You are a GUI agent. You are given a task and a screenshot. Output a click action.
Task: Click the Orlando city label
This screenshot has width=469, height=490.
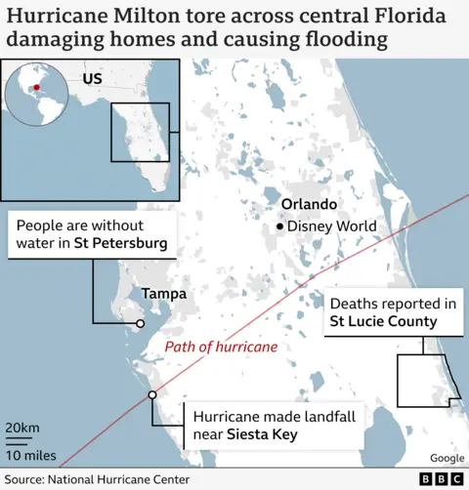[x=309, y=205]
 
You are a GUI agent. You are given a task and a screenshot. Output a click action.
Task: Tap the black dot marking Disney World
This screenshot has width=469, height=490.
[x=280, y=227]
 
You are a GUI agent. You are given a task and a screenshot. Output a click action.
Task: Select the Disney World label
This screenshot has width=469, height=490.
[x=332, y=227]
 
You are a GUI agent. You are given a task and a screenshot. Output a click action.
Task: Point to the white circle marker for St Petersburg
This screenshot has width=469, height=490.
[x=141, y=323]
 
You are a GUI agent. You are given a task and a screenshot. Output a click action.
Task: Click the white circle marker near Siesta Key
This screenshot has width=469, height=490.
[x=151, y=394]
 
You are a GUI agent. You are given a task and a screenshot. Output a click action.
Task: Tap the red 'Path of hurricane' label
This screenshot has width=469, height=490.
[x=221, y=347]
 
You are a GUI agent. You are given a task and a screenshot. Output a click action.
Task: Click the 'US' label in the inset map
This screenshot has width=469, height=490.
[x=93, y=78]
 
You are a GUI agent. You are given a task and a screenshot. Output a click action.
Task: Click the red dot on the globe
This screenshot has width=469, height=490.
[x=36, y=89]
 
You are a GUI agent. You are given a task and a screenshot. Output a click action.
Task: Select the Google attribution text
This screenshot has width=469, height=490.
[x=446, y=458]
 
